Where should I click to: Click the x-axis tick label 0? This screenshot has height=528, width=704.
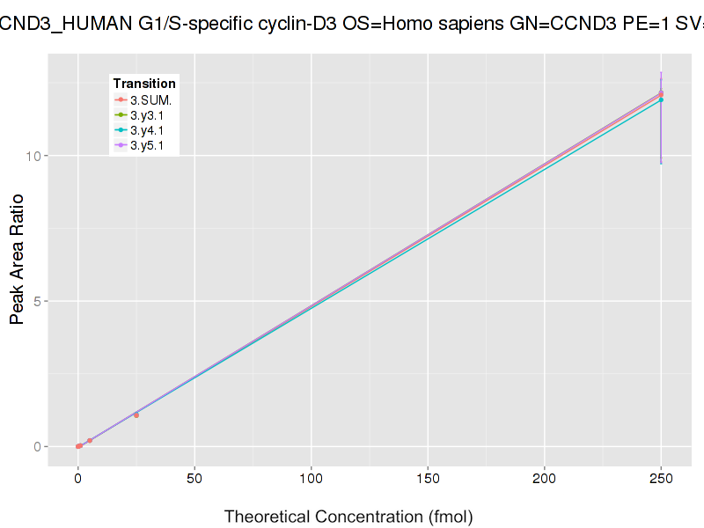(x=78, y=480)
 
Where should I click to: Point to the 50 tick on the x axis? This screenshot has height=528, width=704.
(x=194, y=480)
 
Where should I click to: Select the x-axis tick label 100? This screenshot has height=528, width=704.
(x=312, y=480)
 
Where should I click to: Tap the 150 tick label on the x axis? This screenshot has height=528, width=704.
(x=428, y=480)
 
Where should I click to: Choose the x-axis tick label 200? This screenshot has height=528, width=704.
(x=545, y=480)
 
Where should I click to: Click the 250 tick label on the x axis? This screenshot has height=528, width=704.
(x=661, y=480)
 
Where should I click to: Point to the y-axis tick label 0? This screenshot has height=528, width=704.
(x=39, y=446)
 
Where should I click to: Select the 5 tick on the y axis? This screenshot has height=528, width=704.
(x=39, y=301)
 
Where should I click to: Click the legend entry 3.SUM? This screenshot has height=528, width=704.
(x=150, y=99)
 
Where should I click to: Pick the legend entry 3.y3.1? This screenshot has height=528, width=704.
(x=147, y=114)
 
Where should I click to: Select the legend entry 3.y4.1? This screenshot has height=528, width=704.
(x=147, y=130)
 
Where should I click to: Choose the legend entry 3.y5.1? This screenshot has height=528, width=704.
(x=147, y=145)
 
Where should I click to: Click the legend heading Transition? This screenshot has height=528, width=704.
(x=144, y=83)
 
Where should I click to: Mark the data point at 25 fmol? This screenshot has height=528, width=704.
(x=136, y=414)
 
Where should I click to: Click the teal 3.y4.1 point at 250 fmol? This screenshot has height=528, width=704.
(x=661, y=100)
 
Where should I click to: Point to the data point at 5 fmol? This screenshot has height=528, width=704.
(x=90, y=440)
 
